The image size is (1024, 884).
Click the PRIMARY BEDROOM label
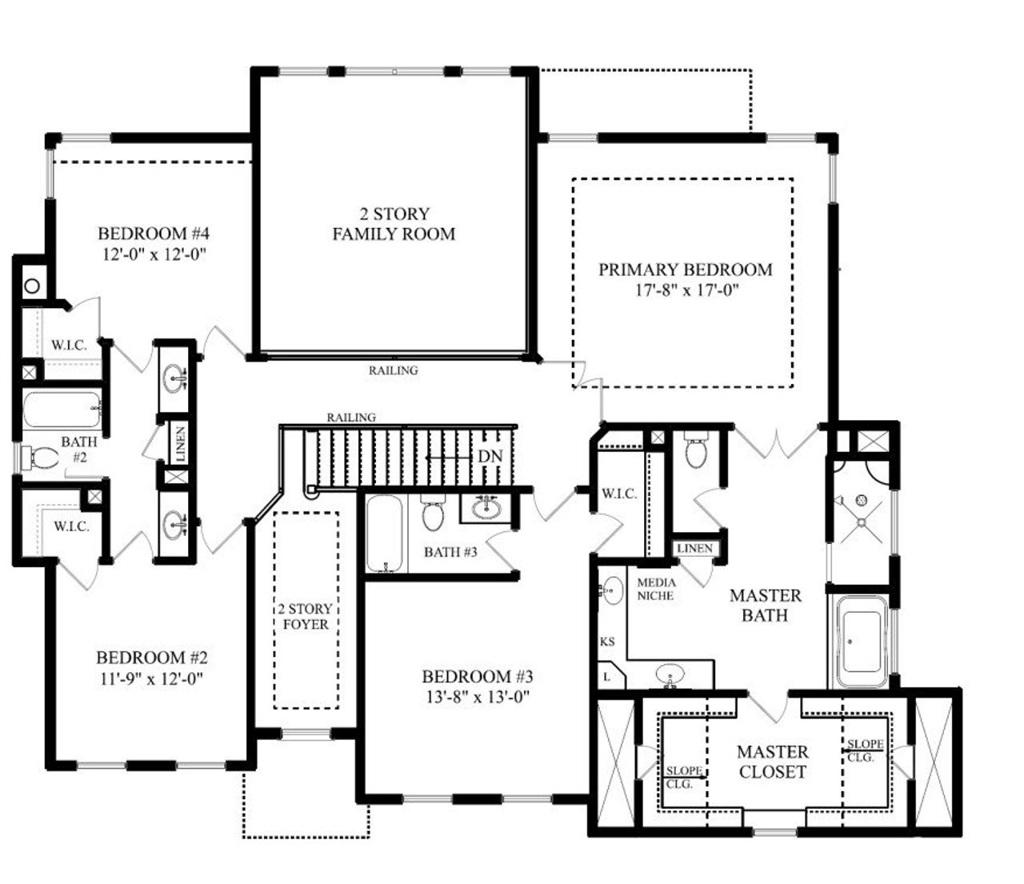click(x=685, y=270)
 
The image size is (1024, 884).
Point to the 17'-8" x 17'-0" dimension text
click(x=685, y=290)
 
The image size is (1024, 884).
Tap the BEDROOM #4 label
click(x=154, y=234)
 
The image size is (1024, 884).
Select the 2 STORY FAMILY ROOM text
click(x=394, y=224)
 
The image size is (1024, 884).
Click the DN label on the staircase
click(x=490, y=456)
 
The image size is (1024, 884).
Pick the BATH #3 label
click(x=450, y=551)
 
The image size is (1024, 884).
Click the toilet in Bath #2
click(x=43, y=458)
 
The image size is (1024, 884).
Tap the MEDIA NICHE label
click(x=656, y=589)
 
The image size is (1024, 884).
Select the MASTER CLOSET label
click(x=772, y=762)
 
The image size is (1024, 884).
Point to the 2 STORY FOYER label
click(x=306, y=616)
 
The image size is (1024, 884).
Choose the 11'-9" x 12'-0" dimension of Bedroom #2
click(x=152, y=678)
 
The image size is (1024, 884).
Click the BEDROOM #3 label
click(x=477, y=676)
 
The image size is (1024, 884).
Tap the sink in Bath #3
click(x=486, y=508)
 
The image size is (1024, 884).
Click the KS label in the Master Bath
click(x=607, y=642)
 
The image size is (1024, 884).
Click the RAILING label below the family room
click(x=393, y=370)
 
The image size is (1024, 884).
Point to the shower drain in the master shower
click(x=862, y=501)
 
